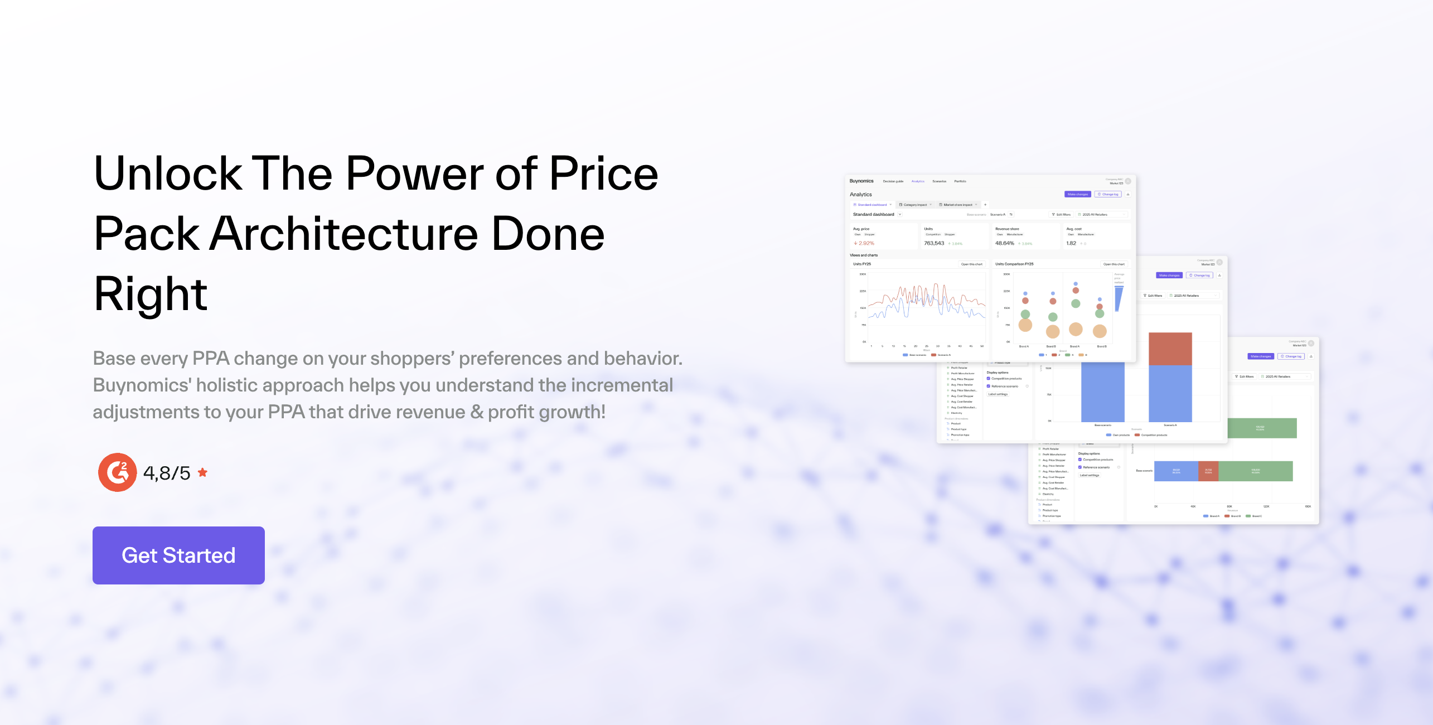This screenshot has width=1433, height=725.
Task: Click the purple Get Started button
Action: pos(178,555)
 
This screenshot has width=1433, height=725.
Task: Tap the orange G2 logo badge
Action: pos(117,472)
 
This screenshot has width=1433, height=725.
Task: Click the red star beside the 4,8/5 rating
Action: pos(203,472)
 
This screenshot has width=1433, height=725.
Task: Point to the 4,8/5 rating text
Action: pos(167,473)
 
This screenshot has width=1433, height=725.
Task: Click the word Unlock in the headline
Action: pos(167,174)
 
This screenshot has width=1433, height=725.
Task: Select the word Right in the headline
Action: pos(151,294)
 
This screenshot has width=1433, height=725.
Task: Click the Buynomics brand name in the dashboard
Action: pos(861,181)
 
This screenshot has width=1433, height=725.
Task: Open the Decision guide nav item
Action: pos(893,181)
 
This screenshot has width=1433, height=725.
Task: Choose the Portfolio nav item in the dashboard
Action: pos(960,181)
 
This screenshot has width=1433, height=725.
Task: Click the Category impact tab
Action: pos(915,205)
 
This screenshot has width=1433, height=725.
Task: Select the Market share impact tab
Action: pos(957,205)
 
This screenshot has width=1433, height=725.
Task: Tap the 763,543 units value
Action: pos(934,243)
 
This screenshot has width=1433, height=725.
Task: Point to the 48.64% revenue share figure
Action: pos(1004,243)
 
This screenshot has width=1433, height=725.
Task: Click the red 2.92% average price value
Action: pos(866,243)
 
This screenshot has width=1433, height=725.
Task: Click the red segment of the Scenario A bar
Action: pos(1170,349)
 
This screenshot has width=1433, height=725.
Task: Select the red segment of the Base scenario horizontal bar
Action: pos(1208,471)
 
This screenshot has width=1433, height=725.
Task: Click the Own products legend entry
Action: pos(1120,435)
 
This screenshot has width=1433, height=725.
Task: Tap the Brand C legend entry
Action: pos(1256,516)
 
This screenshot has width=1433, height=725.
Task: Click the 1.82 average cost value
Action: pos(1071,243)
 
